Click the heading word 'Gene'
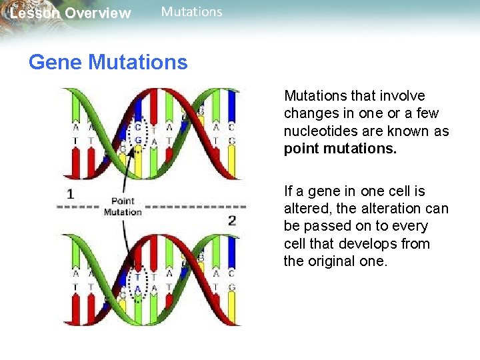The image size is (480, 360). point(55,63)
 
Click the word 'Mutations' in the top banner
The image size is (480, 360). point(192,12)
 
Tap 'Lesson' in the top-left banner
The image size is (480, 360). point(31,13)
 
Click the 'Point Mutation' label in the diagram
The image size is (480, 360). point(123,207)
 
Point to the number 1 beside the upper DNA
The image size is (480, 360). point(70,194)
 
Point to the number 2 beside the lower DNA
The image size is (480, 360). point(231,220)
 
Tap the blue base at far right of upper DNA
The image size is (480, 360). point(232,107)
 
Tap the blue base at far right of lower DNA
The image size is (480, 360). point(232,257)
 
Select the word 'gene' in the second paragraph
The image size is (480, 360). point(322,191)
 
